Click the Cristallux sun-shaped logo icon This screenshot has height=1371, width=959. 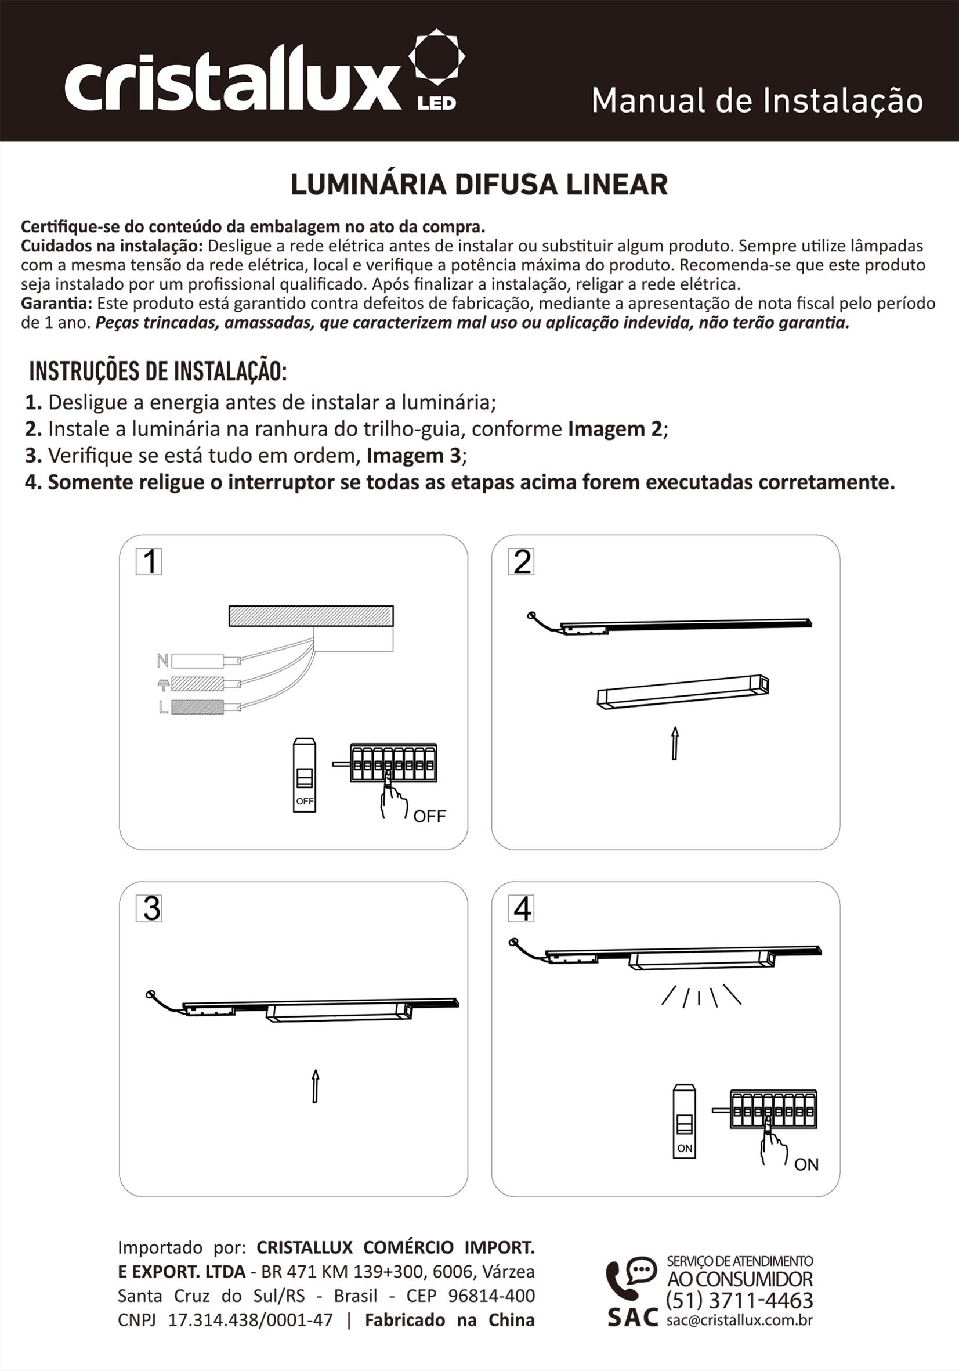point(436,57)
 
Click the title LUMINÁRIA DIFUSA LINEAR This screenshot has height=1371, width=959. point(479,185)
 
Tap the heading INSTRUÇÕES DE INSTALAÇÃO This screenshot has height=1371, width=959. point(158,371)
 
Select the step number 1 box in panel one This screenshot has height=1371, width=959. point(149,561)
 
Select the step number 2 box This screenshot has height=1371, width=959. point(521,561)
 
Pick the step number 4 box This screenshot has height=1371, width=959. point(521,908)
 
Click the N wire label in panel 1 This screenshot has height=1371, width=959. point(162,661)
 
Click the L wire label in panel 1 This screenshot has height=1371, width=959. point(163,708)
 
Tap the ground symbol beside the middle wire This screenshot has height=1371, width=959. point(163,684)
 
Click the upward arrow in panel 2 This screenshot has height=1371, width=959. point(674,743)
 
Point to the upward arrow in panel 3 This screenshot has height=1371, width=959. point(315,1086)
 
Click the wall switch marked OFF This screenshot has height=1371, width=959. point(305,775)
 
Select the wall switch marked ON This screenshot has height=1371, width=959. point(684,1121)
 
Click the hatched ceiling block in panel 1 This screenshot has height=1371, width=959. point(311,616)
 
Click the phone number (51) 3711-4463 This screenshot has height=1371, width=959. point(739,1301)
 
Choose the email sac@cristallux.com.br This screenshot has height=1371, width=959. point(739,1321)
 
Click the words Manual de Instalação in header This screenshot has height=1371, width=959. point(757,100)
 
